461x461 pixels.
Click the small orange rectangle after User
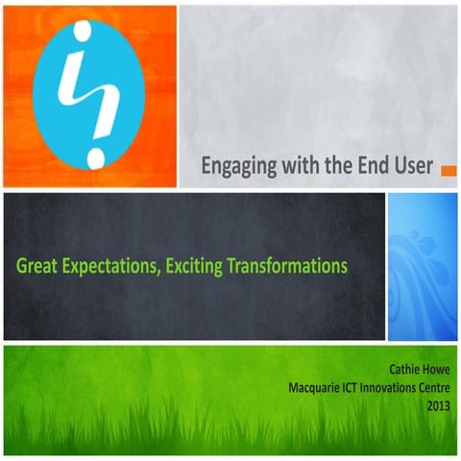click(448, 170)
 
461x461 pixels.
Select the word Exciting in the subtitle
click(195, 264)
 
